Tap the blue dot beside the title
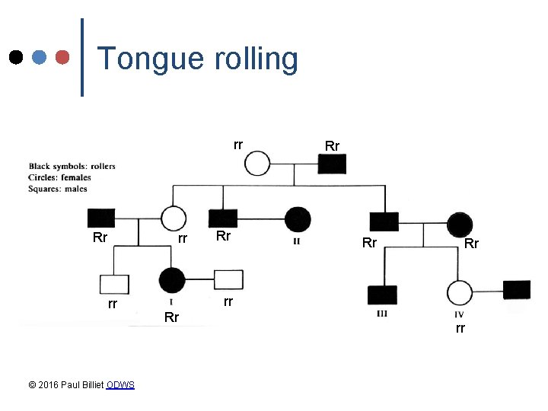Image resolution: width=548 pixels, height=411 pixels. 40,57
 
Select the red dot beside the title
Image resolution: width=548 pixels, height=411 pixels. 65,57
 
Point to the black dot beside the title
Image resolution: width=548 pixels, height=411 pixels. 15,57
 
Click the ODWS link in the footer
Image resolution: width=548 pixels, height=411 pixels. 120,385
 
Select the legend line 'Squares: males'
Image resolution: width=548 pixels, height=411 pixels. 59,189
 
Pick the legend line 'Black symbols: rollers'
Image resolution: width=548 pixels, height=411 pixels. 72,166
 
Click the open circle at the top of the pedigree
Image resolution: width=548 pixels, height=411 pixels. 258,164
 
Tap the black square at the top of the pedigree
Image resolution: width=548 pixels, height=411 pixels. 333,164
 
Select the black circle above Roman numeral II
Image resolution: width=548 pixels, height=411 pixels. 298,220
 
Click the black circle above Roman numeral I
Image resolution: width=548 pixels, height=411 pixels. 172,280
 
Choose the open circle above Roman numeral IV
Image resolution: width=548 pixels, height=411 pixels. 460,292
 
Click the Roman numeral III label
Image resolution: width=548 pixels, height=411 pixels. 383,314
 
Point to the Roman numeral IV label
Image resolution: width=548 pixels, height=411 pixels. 459,314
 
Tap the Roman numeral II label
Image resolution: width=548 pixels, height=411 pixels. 297,242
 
